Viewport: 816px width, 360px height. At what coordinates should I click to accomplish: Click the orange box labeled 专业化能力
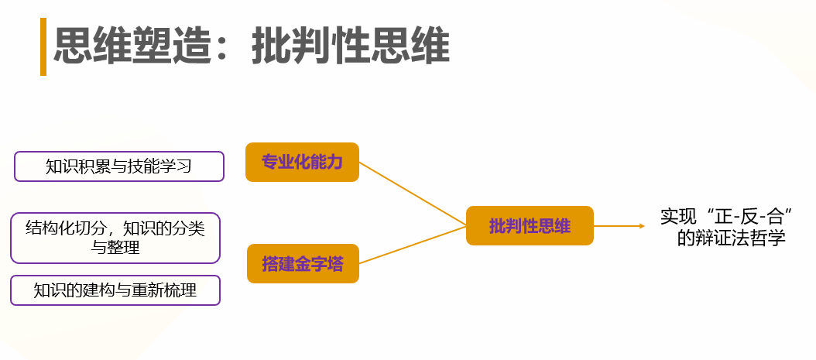coord(302,162)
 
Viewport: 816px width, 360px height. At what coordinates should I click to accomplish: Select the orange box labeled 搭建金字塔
coord(303,264)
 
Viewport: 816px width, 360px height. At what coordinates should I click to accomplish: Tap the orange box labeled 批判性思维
coord(530,226)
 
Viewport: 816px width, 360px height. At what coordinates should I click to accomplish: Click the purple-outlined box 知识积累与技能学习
coord(119,166)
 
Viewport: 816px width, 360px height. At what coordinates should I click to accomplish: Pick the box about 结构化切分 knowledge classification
coord(115,238)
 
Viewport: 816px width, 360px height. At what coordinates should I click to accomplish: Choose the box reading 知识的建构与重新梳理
coord(115,290)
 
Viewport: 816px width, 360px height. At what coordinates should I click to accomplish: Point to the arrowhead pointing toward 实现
coord(640,226)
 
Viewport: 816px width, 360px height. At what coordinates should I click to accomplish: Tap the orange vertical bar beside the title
coord(43,47)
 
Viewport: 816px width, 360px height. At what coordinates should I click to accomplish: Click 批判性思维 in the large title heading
coord(350,47)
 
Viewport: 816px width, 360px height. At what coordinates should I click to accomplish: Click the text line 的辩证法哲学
coord(732,238)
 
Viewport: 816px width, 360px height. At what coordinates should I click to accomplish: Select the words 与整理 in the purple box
coord(115,248)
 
